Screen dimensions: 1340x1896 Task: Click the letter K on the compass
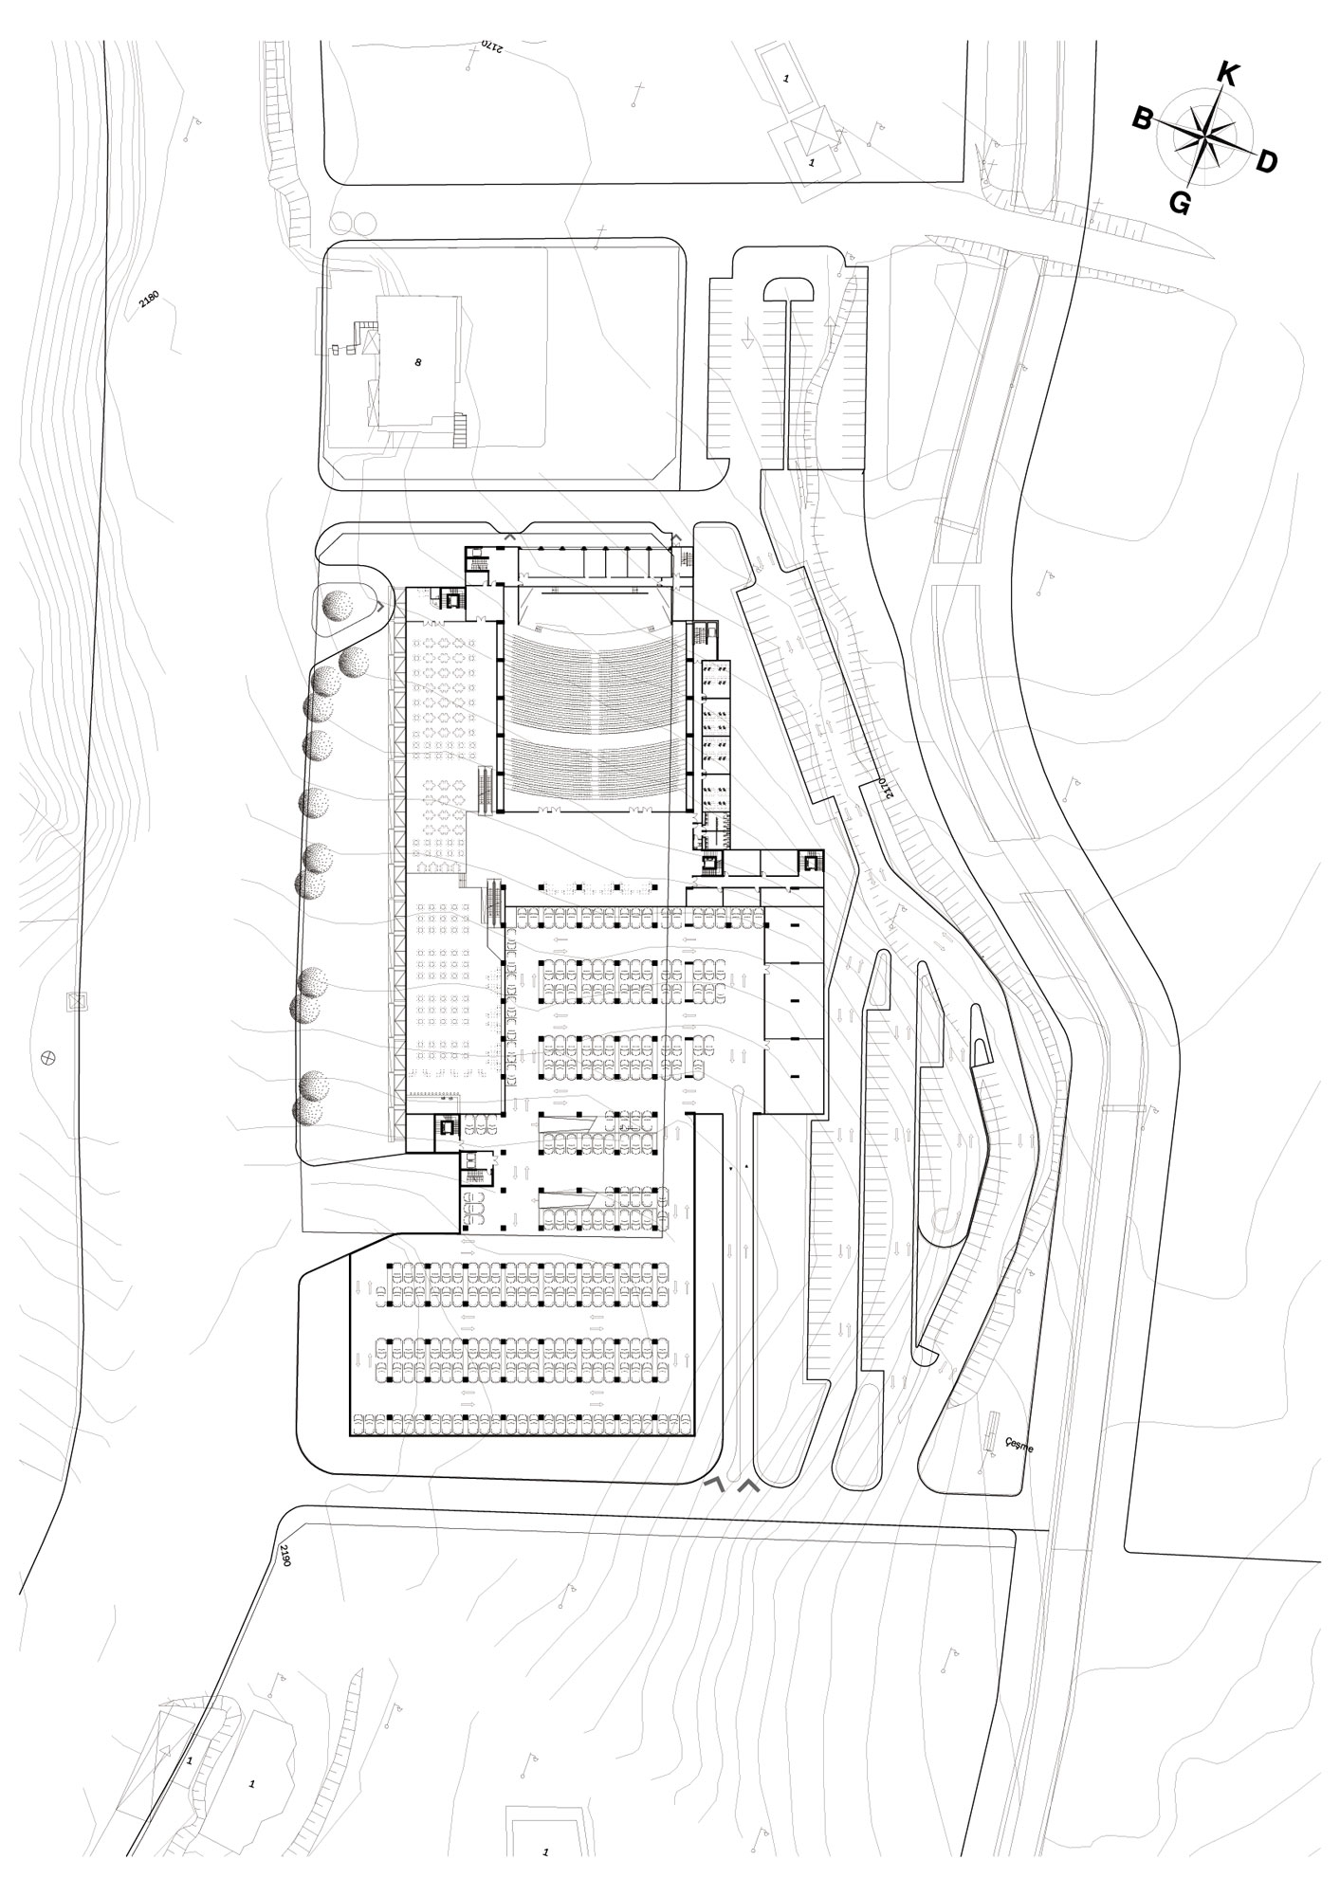click(1227, 75)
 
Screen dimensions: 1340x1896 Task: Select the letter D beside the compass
click(1266, 162)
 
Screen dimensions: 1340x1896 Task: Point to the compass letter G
click(1180, 203)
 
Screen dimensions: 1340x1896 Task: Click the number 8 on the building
click(417, 362)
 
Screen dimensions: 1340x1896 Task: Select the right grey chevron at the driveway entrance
click(748, 1486)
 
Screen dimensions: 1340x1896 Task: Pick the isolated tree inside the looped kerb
click(339, 604)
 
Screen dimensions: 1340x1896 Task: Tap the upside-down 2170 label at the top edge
click(490, 45)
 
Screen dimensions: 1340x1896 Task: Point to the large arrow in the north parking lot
click(748, 335)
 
